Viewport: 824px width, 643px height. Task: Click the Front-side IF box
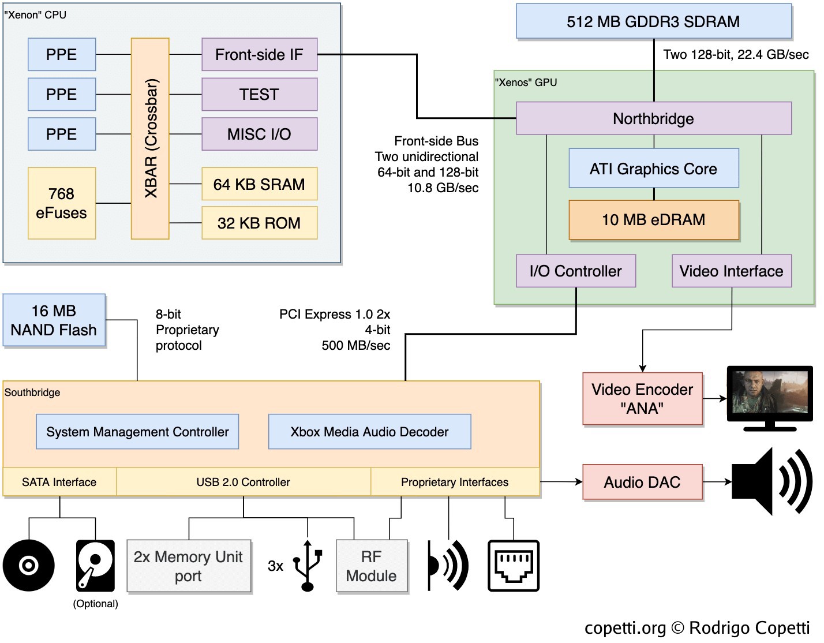[259, 55]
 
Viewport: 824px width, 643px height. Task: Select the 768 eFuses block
[62, 203]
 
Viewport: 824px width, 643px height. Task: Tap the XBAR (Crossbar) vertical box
[150, 139]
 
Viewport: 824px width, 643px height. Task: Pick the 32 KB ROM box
[259, 223]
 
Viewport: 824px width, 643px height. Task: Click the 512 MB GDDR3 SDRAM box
[653, 22]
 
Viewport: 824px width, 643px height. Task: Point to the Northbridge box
[653, 118]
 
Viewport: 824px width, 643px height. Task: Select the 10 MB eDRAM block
[653, 220]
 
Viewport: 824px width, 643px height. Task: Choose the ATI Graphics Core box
[653, 169]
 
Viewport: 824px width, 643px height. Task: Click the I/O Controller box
[575, 271]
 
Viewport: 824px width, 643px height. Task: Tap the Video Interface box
[731, 271]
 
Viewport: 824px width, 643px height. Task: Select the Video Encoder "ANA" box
[642, 399]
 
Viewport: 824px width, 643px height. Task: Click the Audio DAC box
[642, 482]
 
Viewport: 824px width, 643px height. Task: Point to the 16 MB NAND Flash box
[54, 320]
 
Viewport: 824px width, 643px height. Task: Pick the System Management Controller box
[137, 432]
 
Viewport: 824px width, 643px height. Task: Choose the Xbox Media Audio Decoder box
[369, 432]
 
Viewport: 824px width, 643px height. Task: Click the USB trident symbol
[308, 566]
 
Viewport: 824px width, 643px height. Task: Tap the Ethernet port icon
[513, 566]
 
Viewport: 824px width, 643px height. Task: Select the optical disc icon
[28, 566]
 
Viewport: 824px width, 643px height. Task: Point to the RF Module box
[372, 566]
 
